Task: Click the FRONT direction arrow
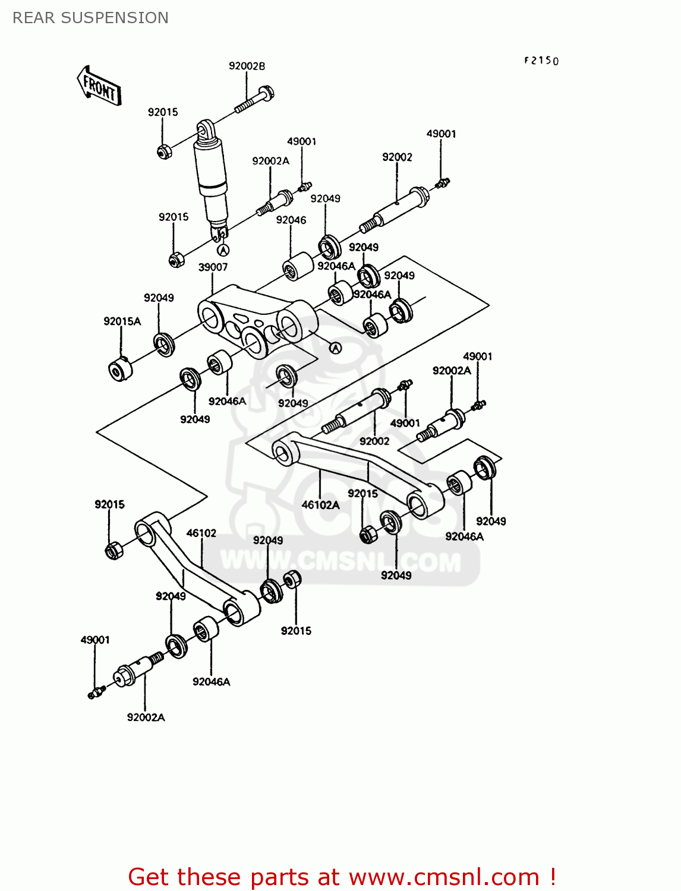pos(99,87)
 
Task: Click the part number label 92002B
pos(247,66)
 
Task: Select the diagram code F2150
pos(541,61)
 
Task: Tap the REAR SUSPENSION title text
pos(90,18)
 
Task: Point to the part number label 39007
pos(213,267)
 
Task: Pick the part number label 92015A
pos(122,321)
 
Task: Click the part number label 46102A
pos(320,505)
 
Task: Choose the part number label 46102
pos(201,533)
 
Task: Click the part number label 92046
pos(291,220)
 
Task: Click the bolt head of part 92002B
pos(267,93)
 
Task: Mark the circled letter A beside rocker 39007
pos(335,347)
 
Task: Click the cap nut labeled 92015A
pos(120,369)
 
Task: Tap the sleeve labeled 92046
pos(298,265)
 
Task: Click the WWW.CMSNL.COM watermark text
pos(340,561)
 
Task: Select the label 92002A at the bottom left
pos(146,717)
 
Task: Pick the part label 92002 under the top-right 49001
pos(397,157)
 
